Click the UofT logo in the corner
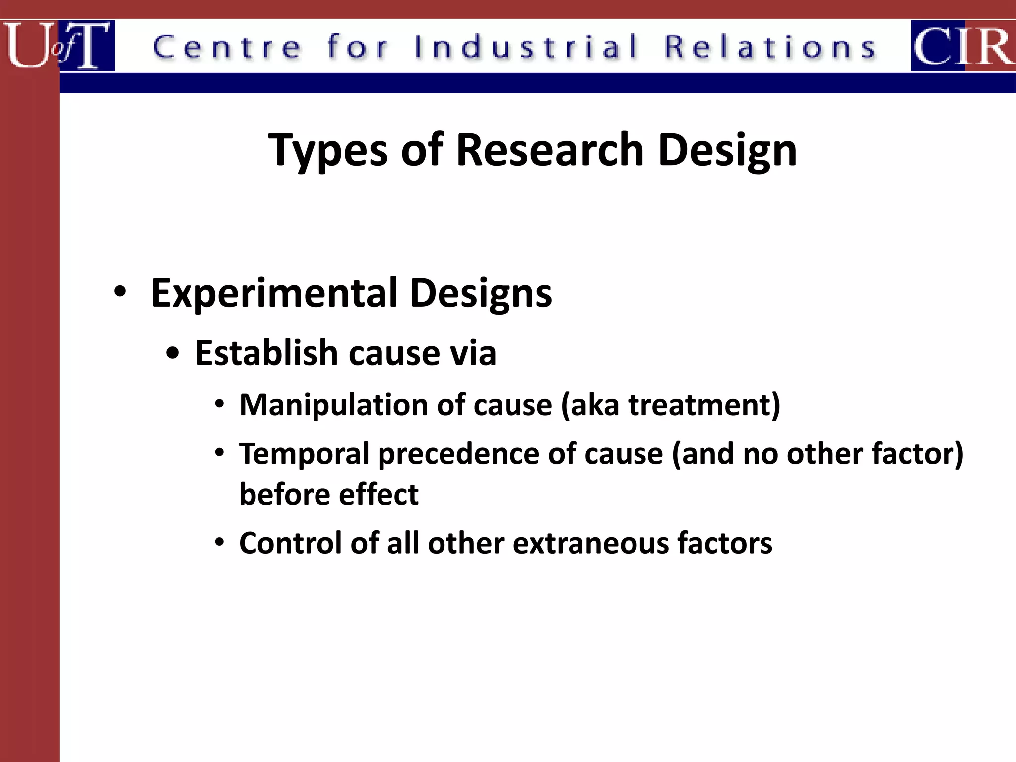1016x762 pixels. pos(57,45)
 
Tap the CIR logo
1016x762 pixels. pos(963,46)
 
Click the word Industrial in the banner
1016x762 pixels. pos(526,47)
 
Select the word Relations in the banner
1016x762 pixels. pos(770,47)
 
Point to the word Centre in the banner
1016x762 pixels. pos(227,47)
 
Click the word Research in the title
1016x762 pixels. pos(550,150)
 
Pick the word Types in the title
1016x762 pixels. pos(328,151)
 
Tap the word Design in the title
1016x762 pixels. pos(727,151)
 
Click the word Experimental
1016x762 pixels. pos(275,293)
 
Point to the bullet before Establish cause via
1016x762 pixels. pos(172,354)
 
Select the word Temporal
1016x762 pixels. pos(304,454)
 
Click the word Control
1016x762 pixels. pos(291,543)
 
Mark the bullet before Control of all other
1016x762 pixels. pos(220,542)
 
